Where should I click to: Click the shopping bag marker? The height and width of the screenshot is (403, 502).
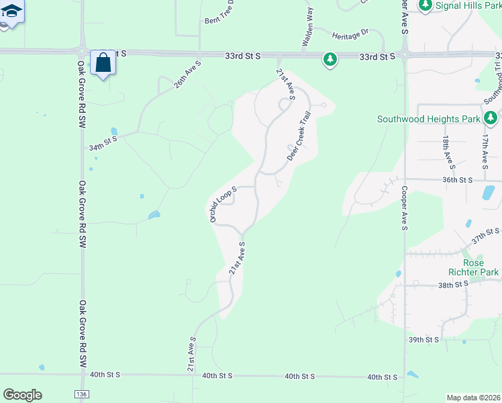pos(103,63)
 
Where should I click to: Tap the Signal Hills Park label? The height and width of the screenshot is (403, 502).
pos(468,5)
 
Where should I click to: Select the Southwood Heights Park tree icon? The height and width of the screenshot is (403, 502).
pos(491,119)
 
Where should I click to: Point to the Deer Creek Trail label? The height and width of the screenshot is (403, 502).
pos(300,144)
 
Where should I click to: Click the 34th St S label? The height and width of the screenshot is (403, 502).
pos(103,142)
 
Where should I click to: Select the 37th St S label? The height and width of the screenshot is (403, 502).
pos(485,236)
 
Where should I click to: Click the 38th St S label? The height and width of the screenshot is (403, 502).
pos(452,284)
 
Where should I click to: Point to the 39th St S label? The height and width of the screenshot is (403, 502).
pos(424,340)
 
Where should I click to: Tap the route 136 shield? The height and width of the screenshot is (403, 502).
pos(81,394)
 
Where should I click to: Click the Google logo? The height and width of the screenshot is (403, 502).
pos(23,395)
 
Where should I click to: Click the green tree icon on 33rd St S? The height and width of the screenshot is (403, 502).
pos(330,60)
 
